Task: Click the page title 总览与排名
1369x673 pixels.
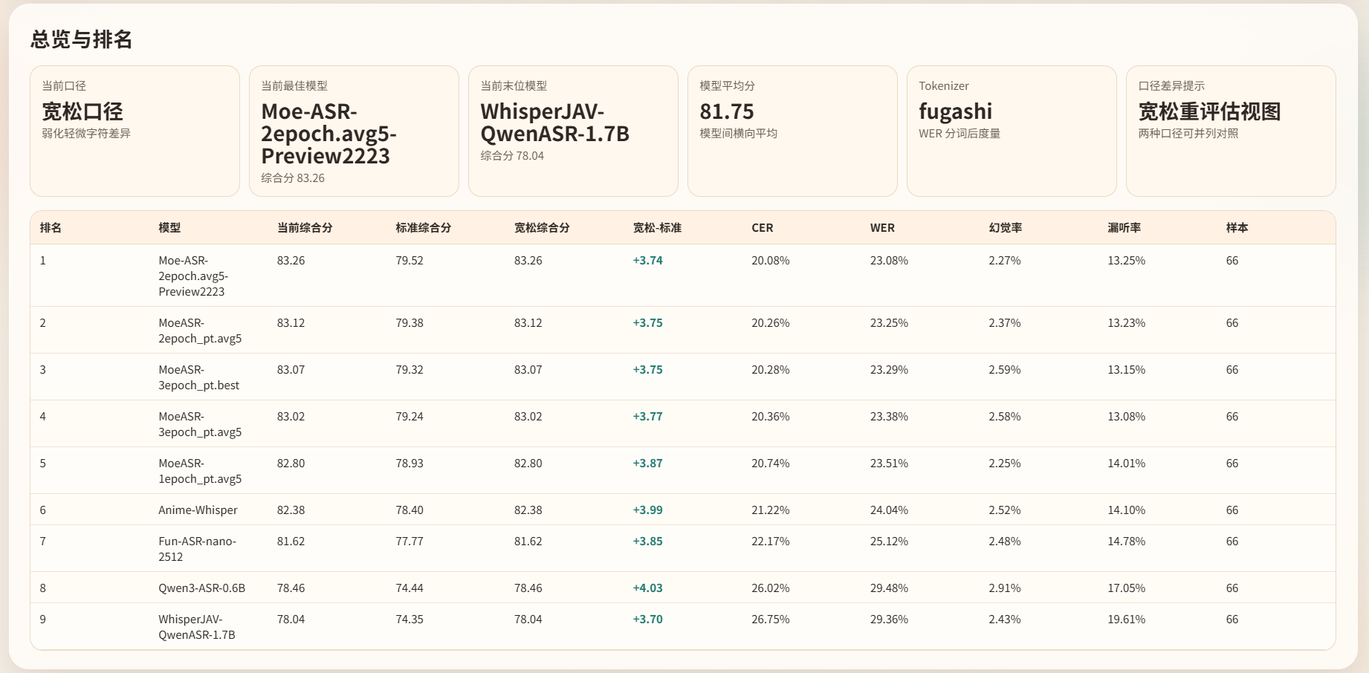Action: coord(81,39)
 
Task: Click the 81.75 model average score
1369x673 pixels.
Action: coord(726,111)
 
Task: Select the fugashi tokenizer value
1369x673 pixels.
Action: coord(955,111)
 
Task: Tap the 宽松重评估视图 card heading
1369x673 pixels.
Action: coord(1209,111)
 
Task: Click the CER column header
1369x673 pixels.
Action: coord(762,228)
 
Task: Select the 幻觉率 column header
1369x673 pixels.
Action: coord(1005,228)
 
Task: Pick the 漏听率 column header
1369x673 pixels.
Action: coord(1124,228)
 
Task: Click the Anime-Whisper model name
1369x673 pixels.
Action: coord(198,510)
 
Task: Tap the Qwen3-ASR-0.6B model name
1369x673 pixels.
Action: coord(201,588)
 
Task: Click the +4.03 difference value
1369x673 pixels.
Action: coord(647,588)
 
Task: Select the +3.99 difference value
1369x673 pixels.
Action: coord(647,510)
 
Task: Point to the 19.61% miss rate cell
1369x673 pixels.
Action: coord(1126,620)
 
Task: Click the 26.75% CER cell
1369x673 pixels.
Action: coord(770,620)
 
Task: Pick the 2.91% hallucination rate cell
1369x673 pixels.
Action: coord(1004,588)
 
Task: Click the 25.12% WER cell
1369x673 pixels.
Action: coord(889,542)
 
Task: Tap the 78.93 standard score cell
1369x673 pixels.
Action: coord(409,464)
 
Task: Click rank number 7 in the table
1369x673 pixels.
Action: coord(43,542)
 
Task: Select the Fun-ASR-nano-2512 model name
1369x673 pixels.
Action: coord(197,549)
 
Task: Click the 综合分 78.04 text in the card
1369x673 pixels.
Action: coord(512,156)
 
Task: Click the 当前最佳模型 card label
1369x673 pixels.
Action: coord(294,86)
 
